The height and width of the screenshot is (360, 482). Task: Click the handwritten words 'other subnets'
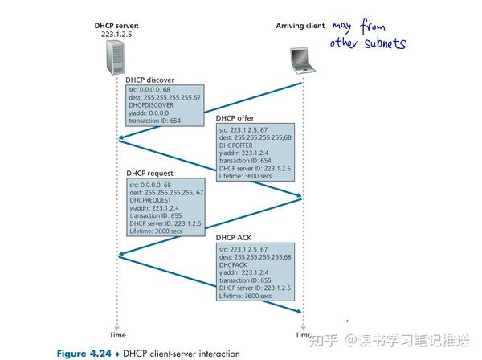367,43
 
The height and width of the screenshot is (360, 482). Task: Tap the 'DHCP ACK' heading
234,238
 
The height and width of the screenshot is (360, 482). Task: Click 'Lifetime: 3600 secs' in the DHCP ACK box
245,296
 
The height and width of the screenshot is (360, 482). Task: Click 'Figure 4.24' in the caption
83,353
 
